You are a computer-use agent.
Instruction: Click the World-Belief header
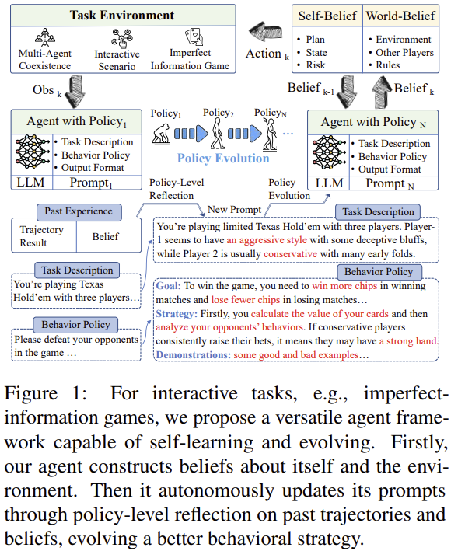(400, 15)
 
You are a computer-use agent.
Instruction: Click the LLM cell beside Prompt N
(327, 183)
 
